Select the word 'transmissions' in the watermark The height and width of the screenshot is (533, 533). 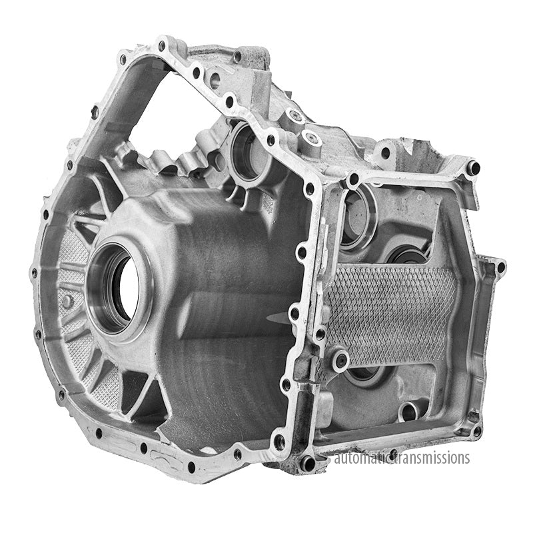431,458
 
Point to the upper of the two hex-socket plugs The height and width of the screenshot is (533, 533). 295,116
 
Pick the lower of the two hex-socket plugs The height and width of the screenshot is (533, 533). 310,138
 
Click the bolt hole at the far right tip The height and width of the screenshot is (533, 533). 500,267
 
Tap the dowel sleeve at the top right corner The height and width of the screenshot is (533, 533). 474,167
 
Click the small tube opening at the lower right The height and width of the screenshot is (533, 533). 411,411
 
